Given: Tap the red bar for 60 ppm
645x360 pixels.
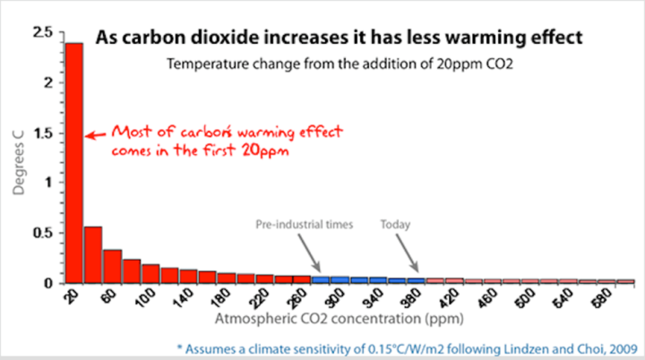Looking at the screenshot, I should click(x=112, y=266).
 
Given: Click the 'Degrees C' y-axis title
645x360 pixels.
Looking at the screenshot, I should click(x=15, y=158).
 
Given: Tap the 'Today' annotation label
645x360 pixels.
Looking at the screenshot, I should click(x=395, y=224).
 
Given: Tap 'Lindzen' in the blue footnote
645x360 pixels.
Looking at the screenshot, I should click(x=520, y=345).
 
